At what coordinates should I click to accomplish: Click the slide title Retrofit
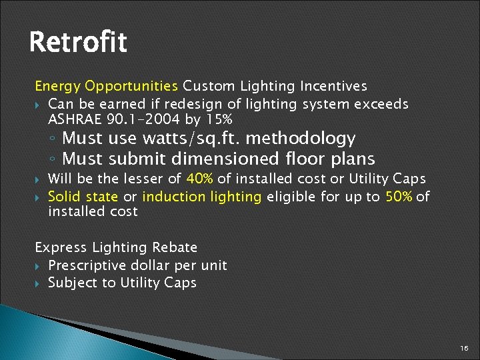tap(77, 43)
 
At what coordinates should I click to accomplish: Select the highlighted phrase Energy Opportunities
tap(106, 86)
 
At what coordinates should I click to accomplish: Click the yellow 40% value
tap(201, 179)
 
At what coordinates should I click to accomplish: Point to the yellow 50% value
tap(399, 197)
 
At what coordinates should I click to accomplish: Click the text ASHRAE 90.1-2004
tap(112, 119)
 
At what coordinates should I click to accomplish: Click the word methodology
tap(305, 139)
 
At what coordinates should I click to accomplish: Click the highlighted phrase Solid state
tap(83, 197)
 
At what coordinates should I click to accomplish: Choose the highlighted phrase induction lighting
tap(202, 197)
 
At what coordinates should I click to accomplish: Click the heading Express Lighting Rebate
tap(116, 247)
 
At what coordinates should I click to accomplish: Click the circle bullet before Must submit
tap(53, 160)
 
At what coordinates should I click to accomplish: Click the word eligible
tap(290, 197)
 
